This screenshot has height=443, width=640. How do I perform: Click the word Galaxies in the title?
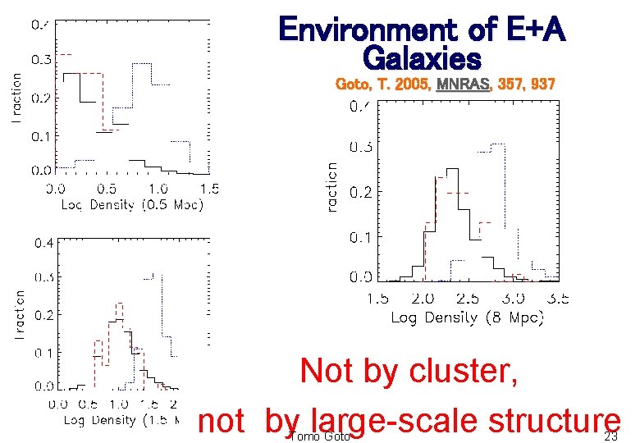[x=421, y=58]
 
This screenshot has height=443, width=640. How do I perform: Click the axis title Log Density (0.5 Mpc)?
[x=132, y=204]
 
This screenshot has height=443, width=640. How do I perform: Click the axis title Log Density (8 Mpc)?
[x=467, y=317]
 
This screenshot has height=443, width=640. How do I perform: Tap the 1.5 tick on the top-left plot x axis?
[x=209, y=189]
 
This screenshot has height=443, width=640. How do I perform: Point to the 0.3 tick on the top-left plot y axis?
[x=41, y=59]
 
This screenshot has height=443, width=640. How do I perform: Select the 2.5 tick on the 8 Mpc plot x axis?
[x=469, y=300]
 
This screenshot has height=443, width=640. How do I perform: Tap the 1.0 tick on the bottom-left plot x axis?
[x=118, y=404]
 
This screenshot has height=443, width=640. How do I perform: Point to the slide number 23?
[x=610, y=436]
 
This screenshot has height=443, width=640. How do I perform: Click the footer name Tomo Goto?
[x=320, y=436]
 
